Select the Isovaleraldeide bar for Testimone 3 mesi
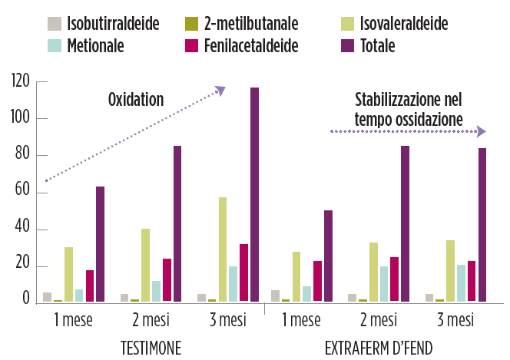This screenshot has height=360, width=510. pyautogui.click(x=223, y=249)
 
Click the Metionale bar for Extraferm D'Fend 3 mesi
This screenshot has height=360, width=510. pyautogui.click(x=461, y=283)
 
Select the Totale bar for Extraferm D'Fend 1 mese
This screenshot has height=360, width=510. pyautogui.click(x=328, y=256)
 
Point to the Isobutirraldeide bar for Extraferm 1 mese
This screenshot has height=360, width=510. pyautogui.click(x=276, y=296)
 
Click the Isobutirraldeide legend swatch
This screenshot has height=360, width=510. pyautogui.click(x=55, y=24)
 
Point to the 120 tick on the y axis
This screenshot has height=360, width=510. pyautogui.click(x=21, y=82)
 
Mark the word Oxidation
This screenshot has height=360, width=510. pyautogui.click(x=136, y=99)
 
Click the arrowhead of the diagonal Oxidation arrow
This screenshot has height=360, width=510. pyautogui.click(x=221, y=91)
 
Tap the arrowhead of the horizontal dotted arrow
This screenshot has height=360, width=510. pyautogui.click(x=481, y=131)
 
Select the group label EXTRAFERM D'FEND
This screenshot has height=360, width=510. pyautogui.click(x=379, y=348)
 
